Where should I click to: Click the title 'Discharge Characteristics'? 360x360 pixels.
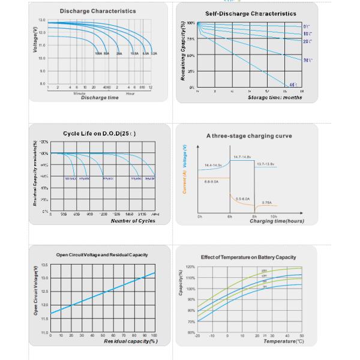[x=98, y=11]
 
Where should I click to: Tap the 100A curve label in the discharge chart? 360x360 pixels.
[x=98, y=53]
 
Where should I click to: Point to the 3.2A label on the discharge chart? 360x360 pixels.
[x=154, y=53]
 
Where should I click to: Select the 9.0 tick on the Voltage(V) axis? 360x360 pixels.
[x=41, y=71]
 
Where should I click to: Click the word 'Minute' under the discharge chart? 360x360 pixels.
[x=79, y=93]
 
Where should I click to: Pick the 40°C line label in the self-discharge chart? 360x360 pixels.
[x=293, y=85]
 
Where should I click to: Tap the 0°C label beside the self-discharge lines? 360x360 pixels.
[x=307, y=27]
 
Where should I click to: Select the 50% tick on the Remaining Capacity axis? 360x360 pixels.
[x=191, y=55]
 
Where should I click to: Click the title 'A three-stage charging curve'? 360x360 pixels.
[x=249, y=136]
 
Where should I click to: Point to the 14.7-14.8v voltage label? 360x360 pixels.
[x=242, y=157]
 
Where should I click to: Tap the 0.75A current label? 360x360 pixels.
[x=267, y=203]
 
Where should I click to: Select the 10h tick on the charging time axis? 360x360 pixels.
[x=274, y=216]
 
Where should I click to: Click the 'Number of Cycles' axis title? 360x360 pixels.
[x=133, y=221]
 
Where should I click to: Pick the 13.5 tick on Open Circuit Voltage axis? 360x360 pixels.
[x=44, y=265]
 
